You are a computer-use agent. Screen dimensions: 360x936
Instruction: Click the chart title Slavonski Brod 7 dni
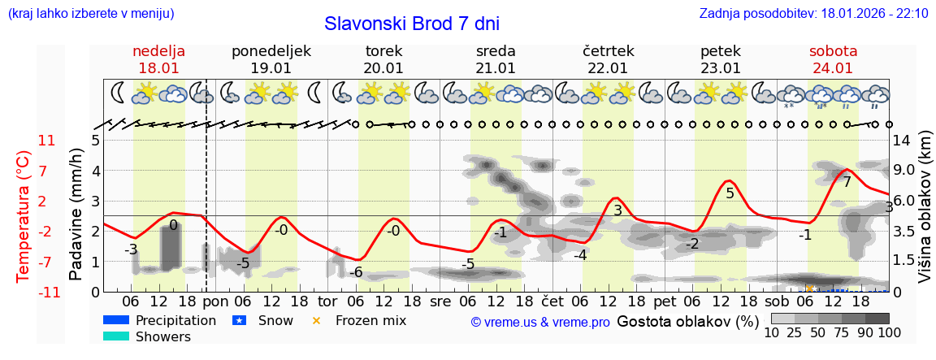pos(411,24)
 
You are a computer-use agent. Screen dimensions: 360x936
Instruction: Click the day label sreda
pos(496,51)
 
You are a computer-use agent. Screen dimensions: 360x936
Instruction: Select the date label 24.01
pos(833,68)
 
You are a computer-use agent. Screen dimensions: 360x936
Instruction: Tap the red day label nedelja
pos(159,51)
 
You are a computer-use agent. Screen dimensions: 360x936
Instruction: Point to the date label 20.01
pos(383,68)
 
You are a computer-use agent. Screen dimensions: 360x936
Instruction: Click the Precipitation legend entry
pos(175,320)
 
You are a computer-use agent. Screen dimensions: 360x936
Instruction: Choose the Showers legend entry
pos(163,336)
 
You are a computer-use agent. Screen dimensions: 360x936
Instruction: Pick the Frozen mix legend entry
pos(370,320)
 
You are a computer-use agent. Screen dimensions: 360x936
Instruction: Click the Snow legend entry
pos(275,320)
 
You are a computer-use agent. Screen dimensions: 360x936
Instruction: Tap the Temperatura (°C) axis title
pos(24,215)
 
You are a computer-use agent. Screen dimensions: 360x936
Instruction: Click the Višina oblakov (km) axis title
pos(925,215)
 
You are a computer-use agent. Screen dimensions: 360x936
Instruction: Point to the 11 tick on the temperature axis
pos(47,141)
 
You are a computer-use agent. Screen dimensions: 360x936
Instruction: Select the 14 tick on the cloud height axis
pos(903,141)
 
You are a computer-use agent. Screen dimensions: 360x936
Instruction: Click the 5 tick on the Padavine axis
pos(95,141)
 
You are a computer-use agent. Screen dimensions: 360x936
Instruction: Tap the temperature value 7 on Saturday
pos(847,182)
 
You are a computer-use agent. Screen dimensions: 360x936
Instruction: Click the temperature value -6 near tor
pos(355,272)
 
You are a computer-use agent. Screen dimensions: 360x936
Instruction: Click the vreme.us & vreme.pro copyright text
pos(540,322)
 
